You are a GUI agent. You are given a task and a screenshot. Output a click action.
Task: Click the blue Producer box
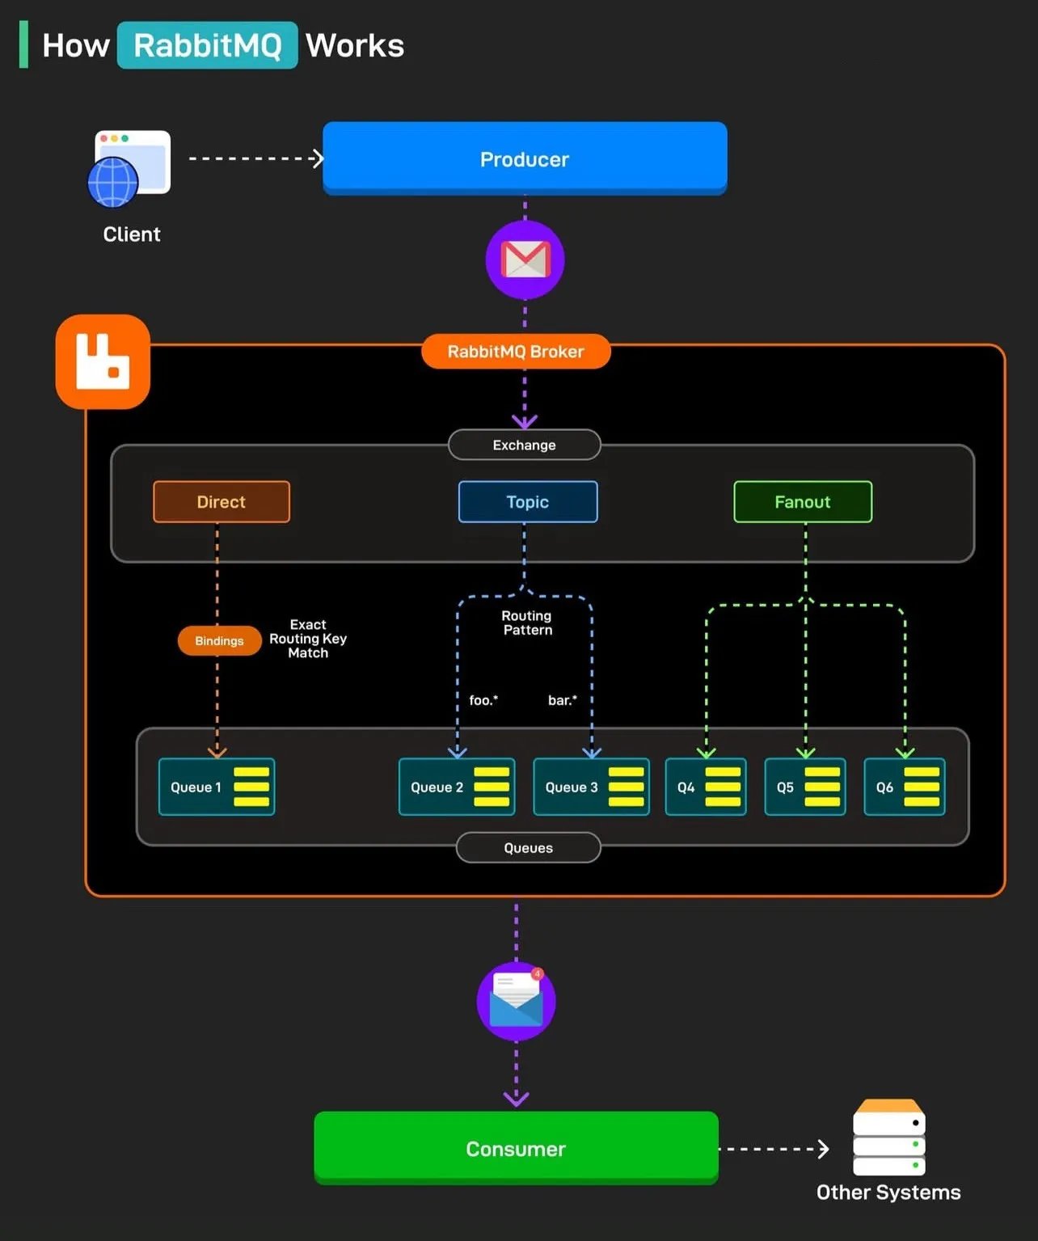click(x=525, y=158)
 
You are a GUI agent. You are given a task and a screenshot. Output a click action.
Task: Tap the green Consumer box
click(x=516, y=1147)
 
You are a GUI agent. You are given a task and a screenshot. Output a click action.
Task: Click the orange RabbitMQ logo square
click(x=103, y=361)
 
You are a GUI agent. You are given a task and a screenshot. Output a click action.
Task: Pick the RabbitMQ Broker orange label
click(x=516, y=352)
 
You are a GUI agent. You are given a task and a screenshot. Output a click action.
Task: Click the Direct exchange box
click(x=222, y=502)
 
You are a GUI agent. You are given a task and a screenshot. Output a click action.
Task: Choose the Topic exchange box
click(x=528, y=502)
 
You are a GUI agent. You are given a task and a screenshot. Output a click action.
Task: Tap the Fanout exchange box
click(x=803, y=502)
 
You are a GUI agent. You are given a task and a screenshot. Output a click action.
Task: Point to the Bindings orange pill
click(x=219, y=640)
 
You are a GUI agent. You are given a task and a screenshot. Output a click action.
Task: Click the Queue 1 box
click(x=217, y=787)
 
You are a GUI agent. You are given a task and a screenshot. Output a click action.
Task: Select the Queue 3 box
click(x=591, y=787)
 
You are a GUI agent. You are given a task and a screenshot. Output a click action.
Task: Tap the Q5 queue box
click(x=804, y=787)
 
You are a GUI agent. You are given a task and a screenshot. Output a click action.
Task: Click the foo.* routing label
click(x=483, y=700)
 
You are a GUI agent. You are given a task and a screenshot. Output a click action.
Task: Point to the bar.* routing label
click(x=563, y=700)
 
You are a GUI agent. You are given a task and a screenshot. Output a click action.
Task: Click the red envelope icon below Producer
click(x=525, y=260)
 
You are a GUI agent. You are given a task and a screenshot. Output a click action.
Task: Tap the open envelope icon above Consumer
click(x=516, y=1001)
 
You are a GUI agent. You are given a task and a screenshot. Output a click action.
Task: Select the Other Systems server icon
click(x=888, y=1137)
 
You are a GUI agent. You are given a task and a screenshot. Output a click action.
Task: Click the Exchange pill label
click(x=525, y=445)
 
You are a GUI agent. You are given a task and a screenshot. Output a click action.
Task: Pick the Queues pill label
click(x=528, y=847)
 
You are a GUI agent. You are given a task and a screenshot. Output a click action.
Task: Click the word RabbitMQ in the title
click(x=208, y=45)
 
